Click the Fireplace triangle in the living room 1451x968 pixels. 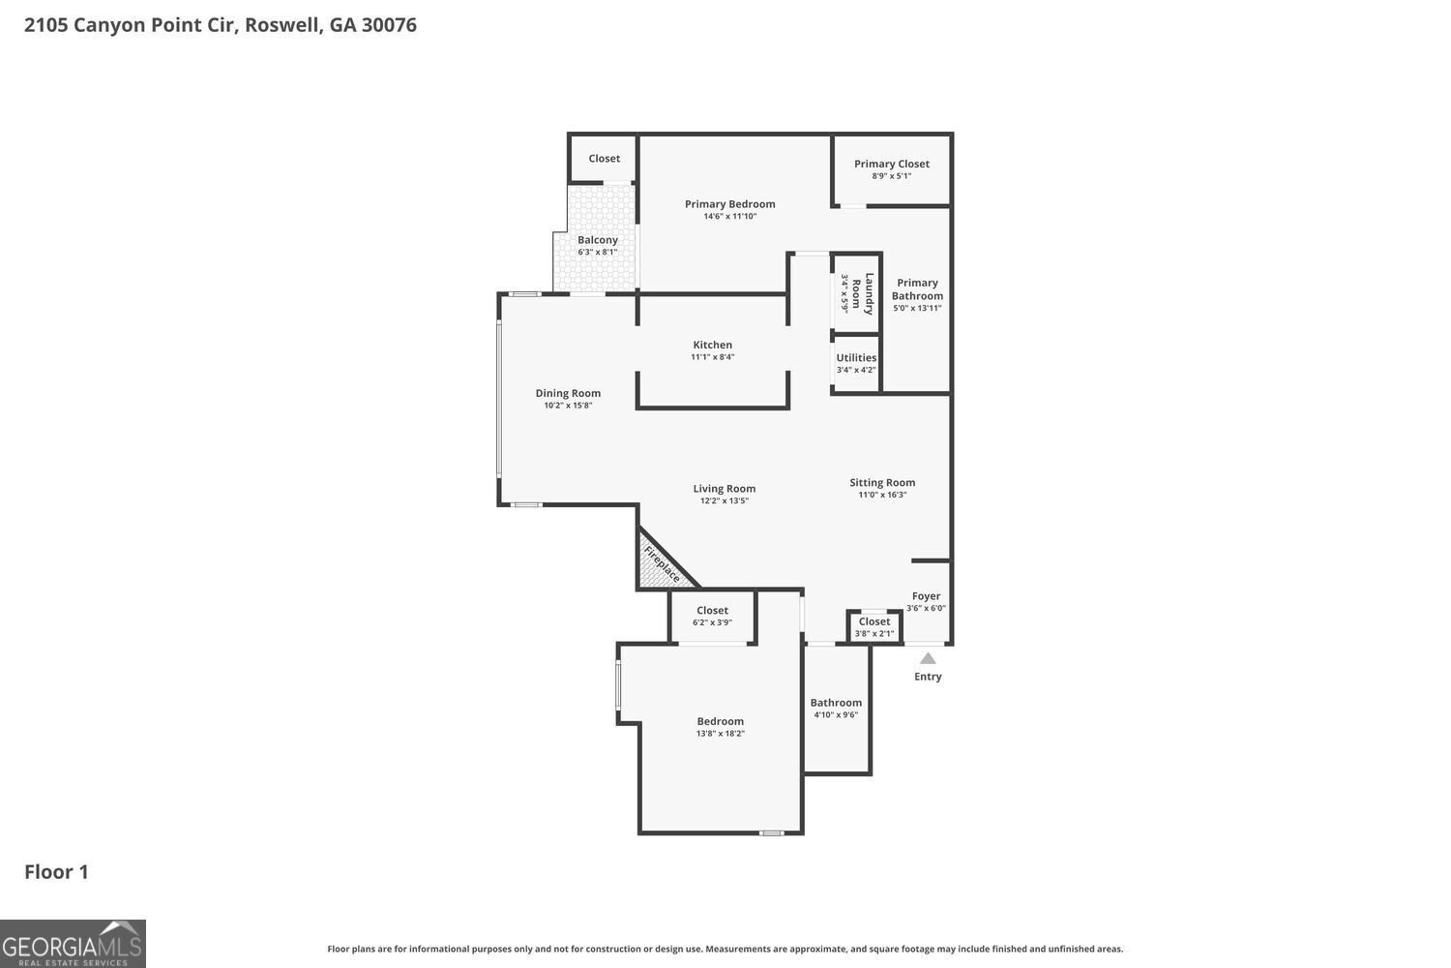coord(659,565)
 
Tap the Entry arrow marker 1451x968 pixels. coord(928,658)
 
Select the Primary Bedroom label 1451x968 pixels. coord(729,204)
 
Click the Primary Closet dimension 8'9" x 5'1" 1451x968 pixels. coord(891,176)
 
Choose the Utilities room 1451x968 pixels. coord(856,363)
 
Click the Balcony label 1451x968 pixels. coord(597,240)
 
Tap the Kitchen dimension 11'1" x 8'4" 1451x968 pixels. coord(712,357)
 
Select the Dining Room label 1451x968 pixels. coord(568,393)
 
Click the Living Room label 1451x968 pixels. coord(724,489)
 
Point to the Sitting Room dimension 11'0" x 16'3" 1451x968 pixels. coord(882,495)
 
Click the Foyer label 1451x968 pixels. coord(926,596)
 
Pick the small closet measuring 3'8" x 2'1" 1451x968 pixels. coord(874,627)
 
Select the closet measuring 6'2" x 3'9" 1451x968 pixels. coord(712,616)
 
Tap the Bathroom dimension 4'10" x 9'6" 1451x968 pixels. coord(836,715)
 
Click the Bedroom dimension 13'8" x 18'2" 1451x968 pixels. coord(721,734)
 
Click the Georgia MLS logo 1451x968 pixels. coord(73,944)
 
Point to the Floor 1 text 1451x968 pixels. coord(56,872)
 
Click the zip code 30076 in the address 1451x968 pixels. coord(389,25)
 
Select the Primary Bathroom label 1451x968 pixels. coord(917,289)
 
